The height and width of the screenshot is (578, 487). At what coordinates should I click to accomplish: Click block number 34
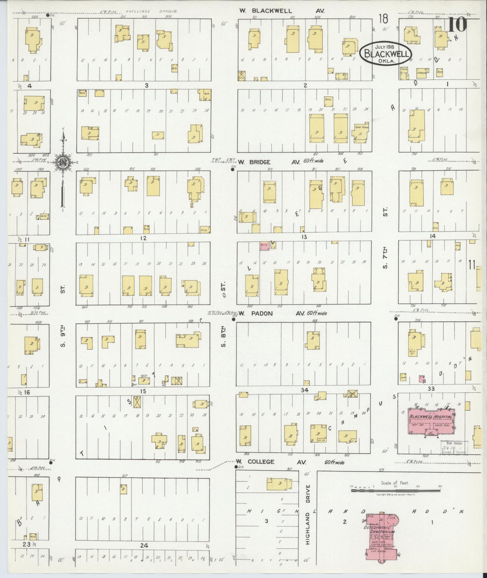[304, 390]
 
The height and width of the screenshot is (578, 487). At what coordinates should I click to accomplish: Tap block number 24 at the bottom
[144, 546]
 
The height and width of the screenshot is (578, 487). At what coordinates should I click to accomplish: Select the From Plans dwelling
[361, 131]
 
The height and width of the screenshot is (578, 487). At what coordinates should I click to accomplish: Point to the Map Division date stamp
[453, 447]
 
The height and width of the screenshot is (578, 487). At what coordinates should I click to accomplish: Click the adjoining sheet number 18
[383, 19]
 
